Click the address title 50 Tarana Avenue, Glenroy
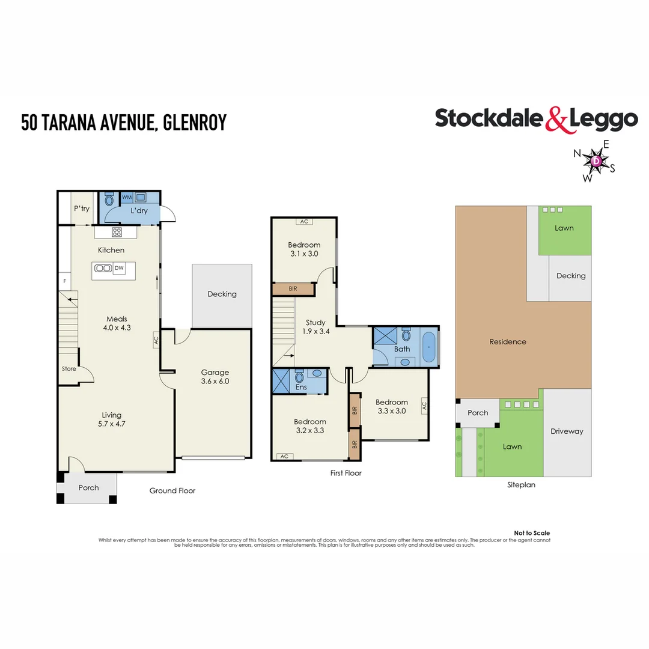[x=124, y=122]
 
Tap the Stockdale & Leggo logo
[x=536, y=118]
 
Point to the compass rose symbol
[x=596, y=161]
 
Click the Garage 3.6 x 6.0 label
[x=215, y=377]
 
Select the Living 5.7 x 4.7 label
[x=111, y=419]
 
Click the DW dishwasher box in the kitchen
[x=119, y=269]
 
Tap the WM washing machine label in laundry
[x=127, y=197]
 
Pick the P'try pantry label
[x=81, y=209]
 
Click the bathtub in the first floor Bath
[x=428, y=349]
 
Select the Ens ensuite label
[x=302, y=388]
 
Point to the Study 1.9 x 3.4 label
[x=315, y=327]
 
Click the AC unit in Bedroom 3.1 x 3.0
[x=304, y=221]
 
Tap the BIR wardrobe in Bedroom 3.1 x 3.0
[x=293, y=289]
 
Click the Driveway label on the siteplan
[x=567, y=431]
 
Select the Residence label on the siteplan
[x=507, y=342]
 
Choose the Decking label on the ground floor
[x=222, y=294]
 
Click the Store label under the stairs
[x=69, y=369]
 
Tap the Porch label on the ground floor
[x=88, y=487]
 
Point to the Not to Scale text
[x=532, y=533]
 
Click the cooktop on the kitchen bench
[x=117, y=232]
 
